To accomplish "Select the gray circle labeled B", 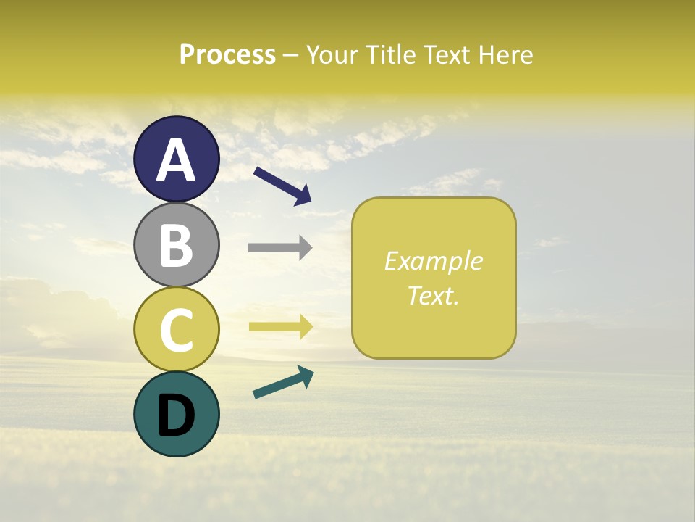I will coord(177,244).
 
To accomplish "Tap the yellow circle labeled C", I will coord(177,329).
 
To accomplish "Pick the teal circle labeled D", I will coord(177,414).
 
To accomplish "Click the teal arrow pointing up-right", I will coord(283,382).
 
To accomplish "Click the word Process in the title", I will coord(227,54).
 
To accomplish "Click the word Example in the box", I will coord(434,261).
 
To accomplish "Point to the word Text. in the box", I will coord(434,295).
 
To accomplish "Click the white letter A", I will coord(177,160).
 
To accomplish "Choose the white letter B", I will coord(177,246).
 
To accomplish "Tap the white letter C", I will coord(177,331).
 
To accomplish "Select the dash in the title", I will coord(291,55).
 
